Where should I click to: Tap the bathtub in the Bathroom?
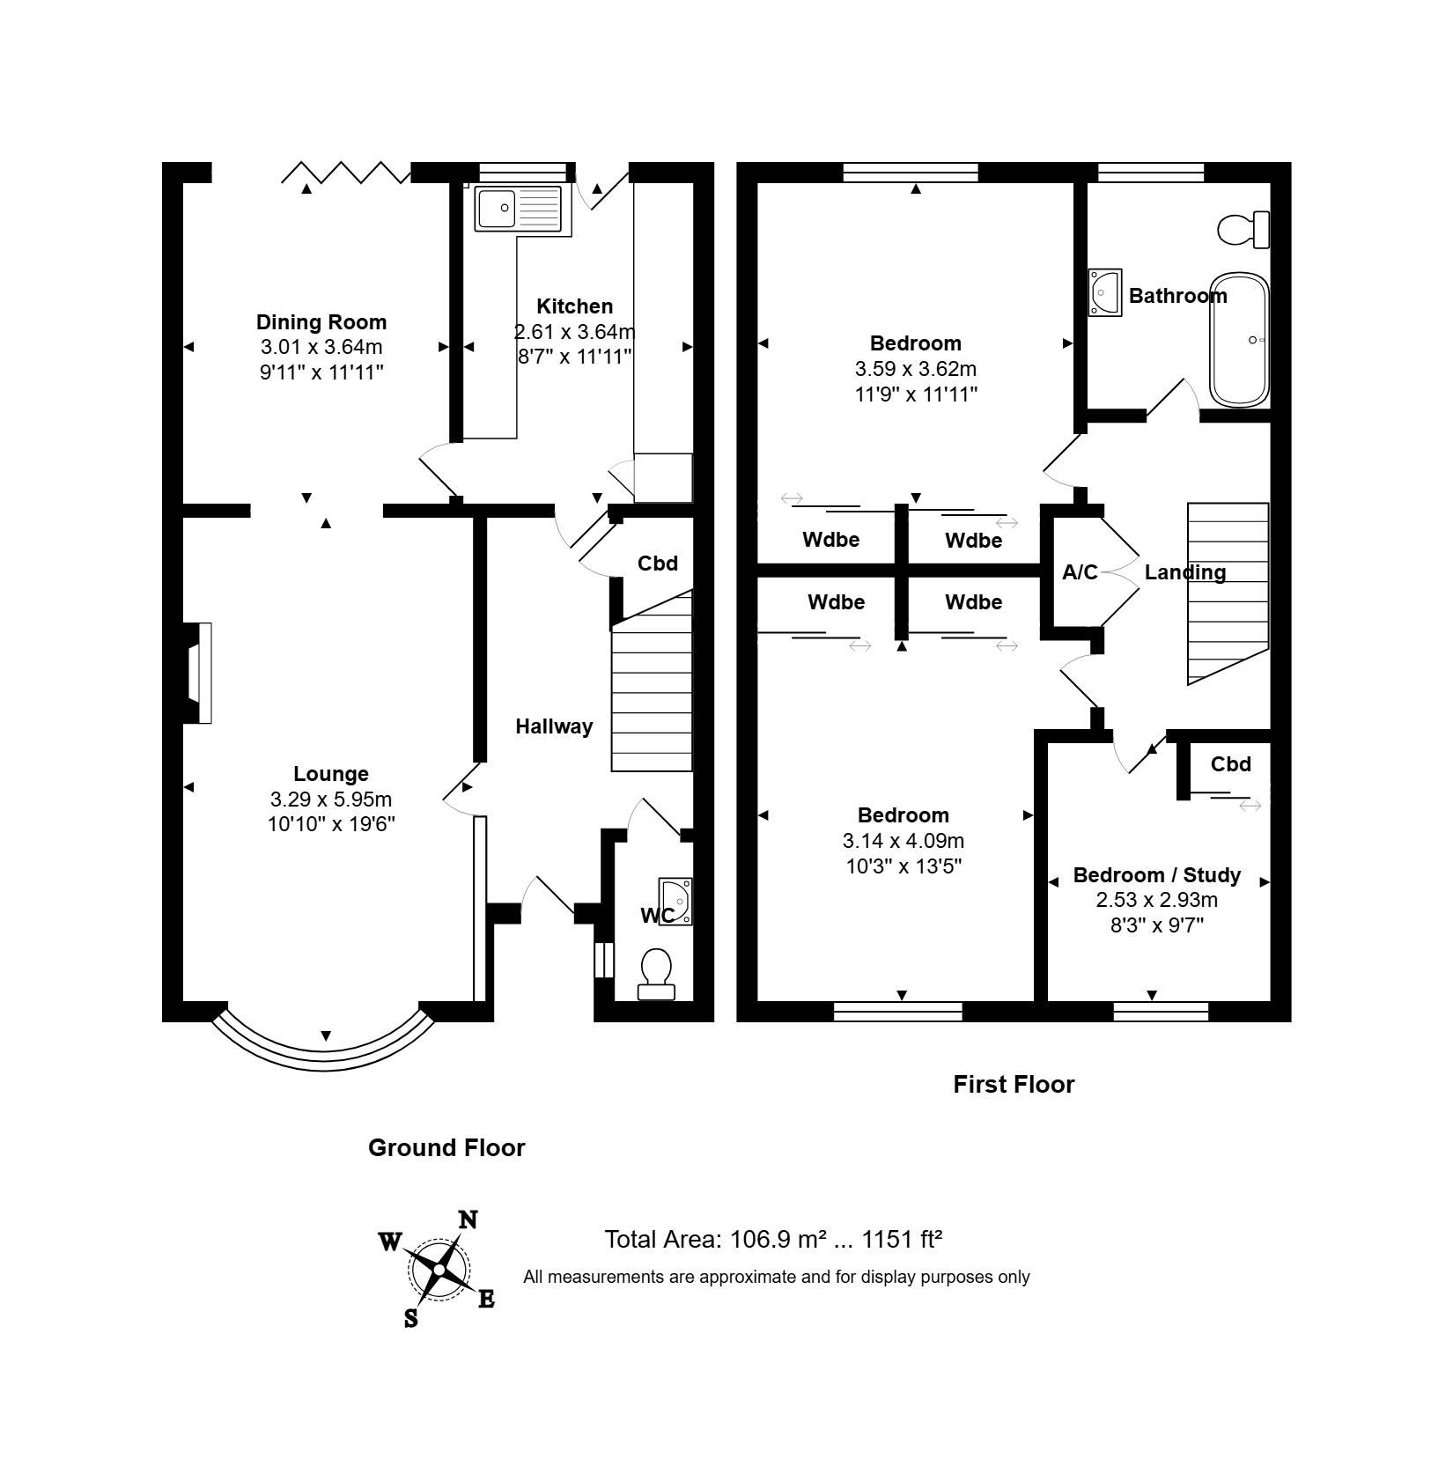coord(1240,340)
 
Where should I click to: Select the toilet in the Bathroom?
coord(1244,230)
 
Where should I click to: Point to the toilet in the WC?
coord(656,975)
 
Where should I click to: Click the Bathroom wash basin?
coord(1104,291)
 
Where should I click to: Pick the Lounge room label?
coord(331,774)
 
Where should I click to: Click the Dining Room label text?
coord(321,322)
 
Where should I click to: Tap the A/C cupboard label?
coord(1080,572)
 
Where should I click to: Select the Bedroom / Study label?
coord(1157,875)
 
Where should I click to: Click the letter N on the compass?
coord(468,1220)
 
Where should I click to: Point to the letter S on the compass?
coord(410,1319)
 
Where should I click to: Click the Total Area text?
coord(773,1240)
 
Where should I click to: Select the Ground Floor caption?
coord(446,1147)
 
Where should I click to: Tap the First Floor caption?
coord(1014,1084)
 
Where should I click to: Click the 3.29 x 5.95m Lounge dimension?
coord(331,800)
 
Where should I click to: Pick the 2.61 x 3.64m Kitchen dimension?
coord(574,332)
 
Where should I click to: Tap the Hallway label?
coord(554,726)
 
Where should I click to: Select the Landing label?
coord(1185,572)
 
